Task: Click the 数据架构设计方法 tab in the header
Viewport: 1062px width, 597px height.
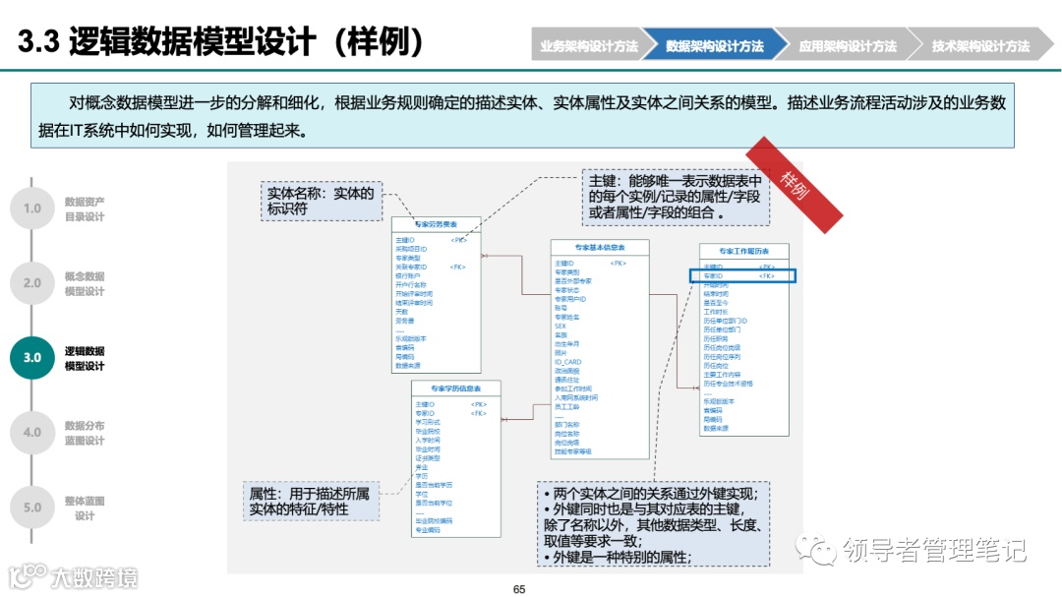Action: (715, 46)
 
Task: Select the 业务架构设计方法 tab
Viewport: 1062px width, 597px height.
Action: (588, 46)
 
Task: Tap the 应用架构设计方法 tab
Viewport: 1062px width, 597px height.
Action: (848, 46)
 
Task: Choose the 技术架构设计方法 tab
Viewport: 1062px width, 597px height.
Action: (980, 46)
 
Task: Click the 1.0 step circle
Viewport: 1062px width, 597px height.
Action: (32, 209)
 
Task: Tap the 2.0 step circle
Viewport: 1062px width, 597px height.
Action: (32, 283)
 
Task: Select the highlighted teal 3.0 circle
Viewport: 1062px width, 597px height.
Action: (32, 358)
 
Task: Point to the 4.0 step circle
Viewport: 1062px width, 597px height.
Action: (32, 433)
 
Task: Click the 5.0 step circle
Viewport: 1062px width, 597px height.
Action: (32, 507)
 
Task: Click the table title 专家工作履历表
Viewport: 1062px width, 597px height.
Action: (743, 252)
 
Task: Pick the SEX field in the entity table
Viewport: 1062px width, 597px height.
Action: (560, 326)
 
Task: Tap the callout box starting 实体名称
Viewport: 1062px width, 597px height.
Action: (321, 201)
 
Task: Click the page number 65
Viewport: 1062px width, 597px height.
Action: (520, 588)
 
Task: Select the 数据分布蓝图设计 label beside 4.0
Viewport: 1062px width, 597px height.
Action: (85, 433)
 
